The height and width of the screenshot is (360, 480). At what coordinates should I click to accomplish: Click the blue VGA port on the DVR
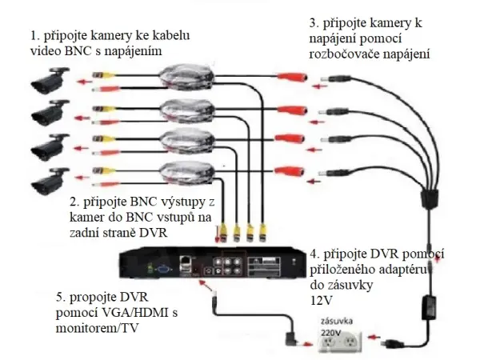point(162,270)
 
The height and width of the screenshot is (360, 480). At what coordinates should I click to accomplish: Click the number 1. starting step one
point(34,36)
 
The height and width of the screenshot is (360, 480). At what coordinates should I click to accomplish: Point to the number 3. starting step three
point(314,24)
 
